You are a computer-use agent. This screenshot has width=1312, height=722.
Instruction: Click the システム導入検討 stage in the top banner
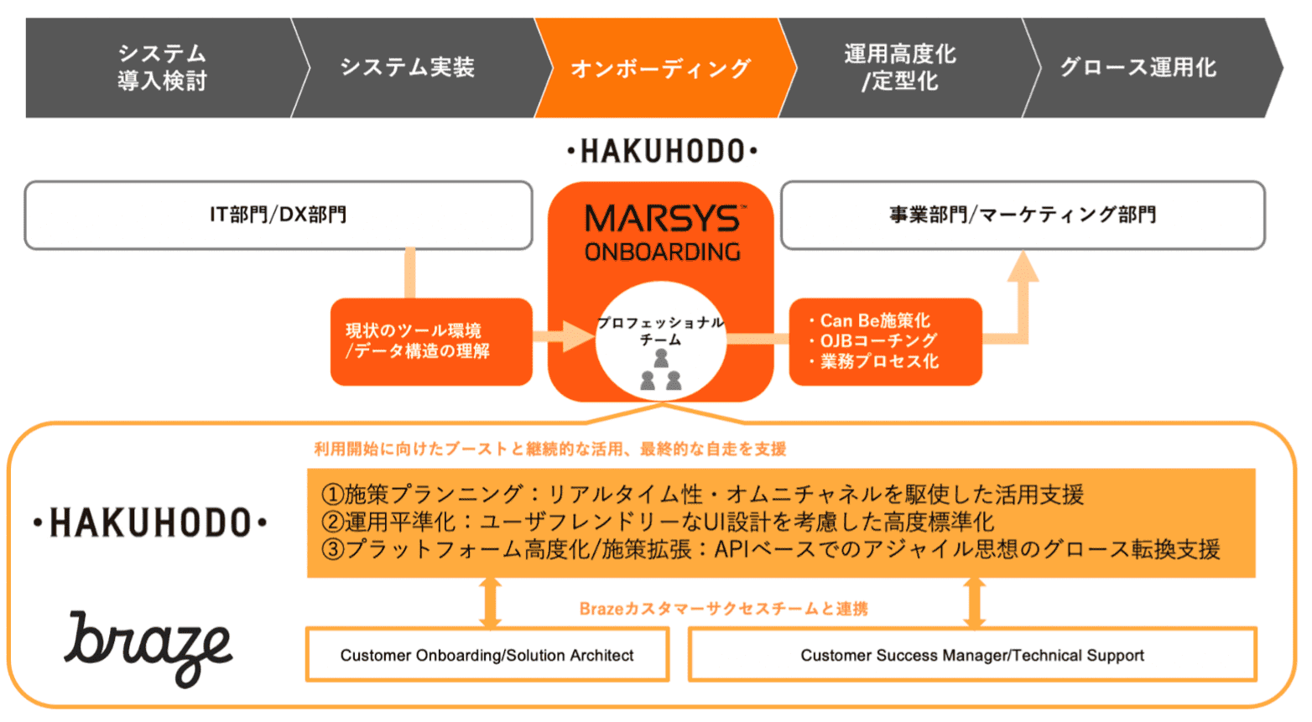coord(162,67)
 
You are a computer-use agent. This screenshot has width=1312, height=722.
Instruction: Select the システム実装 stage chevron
coord(408,67)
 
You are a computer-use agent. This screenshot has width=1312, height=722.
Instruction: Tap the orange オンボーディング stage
coord(661,68)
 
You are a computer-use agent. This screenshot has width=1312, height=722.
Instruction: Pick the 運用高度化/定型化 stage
coord(900,67)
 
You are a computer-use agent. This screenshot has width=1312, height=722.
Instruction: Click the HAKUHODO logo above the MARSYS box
coord(662,152)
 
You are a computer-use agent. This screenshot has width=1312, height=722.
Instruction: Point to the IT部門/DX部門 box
coord(278,216)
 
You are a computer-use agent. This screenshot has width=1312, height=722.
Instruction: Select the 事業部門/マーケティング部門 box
coord(1023,216)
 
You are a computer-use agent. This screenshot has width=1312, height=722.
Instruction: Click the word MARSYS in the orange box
coord(662,220)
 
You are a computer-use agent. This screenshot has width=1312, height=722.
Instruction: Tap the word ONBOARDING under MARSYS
coord(662,252)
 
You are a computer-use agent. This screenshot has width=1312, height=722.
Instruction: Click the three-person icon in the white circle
coord(661,371)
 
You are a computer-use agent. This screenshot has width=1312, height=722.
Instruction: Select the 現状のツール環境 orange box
coord(431,341)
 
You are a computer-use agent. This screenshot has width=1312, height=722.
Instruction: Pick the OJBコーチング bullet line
coord(877,340)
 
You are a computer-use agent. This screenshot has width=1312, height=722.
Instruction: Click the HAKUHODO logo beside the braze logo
coord(150,523)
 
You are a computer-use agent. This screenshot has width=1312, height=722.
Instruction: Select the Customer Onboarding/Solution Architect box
coord(487,655)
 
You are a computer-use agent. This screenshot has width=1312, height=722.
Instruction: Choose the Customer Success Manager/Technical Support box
coord(972,655)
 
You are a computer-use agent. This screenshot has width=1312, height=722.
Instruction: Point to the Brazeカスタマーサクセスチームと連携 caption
coord(723,609)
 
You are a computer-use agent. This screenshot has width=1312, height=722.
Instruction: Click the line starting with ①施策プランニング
coord(701,495)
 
